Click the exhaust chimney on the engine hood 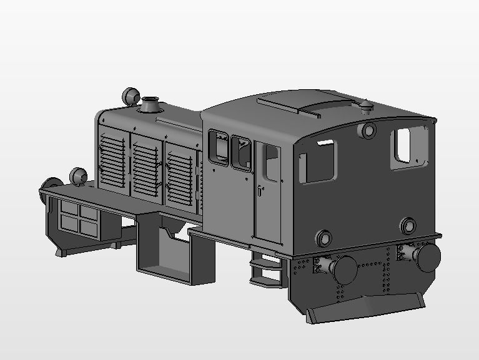(x=151, y=104)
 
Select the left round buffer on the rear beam (x=343, y=270)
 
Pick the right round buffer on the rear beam (x=428, y=256)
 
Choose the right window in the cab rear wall (x=408, y=148)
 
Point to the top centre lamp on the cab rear (x=368, y=131)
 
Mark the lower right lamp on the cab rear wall (x=409, y=225)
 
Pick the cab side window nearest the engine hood (x=218, y=147)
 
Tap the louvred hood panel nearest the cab (x=181, y=172)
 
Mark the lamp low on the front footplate (x=78, y=176)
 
